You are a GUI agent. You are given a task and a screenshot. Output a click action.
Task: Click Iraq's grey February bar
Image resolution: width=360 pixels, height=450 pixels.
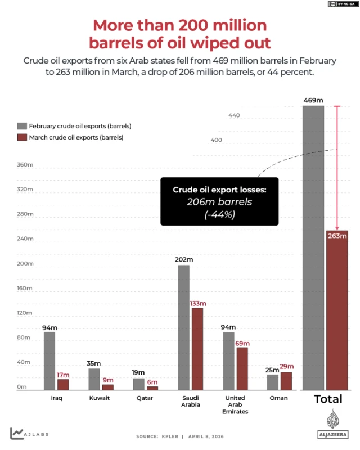pos(49,361)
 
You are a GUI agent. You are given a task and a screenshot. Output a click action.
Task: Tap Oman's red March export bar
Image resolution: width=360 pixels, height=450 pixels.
pos(286,381)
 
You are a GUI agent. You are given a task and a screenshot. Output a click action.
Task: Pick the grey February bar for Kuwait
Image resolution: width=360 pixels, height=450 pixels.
pos(94,379)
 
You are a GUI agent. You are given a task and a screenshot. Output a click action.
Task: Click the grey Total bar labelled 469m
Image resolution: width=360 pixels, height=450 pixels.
pos(313,247)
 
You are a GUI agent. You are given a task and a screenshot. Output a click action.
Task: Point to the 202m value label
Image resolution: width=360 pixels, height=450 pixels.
pos(184,259)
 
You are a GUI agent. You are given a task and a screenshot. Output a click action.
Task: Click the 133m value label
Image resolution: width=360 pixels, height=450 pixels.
pos(198,303)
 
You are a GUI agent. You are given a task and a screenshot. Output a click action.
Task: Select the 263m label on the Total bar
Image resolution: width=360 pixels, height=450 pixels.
pos(336,236)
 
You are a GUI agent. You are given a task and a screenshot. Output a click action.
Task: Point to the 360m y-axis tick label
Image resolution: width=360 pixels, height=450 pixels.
pos(26,165)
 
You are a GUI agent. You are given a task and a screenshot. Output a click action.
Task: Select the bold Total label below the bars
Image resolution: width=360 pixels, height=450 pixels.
pos(328,399)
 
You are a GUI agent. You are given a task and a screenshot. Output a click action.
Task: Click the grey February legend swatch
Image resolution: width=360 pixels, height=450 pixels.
pos(22,126)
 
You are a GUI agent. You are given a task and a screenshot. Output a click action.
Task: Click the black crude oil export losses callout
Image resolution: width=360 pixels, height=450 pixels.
pos(219,201)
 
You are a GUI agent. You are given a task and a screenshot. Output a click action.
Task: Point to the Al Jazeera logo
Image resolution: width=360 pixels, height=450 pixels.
pos(333,424)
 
